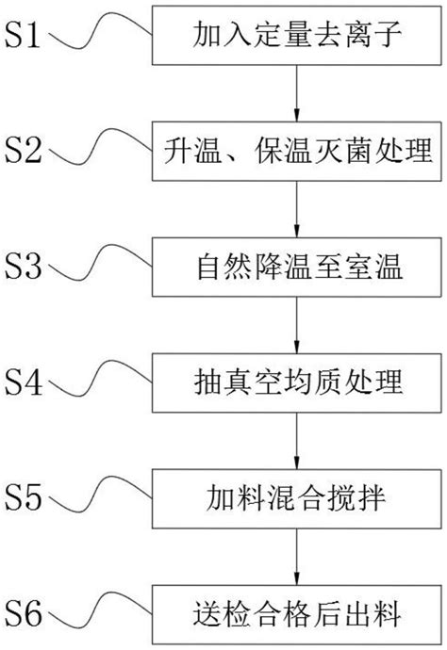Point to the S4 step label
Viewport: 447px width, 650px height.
25,382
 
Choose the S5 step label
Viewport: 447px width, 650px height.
25,497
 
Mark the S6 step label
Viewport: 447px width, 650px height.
25,613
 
